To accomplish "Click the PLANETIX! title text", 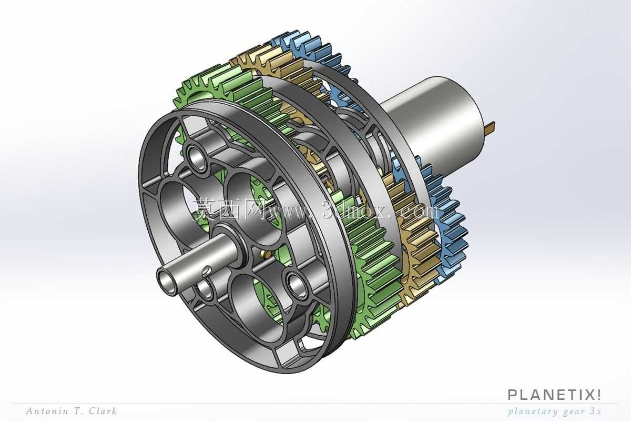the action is (554, 395).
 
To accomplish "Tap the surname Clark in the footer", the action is (103, 411).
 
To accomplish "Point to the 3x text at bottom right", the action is (595, 411).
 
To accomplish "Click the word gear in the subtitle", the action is (569, 412).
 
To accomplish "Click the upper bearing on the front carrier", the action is (197, 158).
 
